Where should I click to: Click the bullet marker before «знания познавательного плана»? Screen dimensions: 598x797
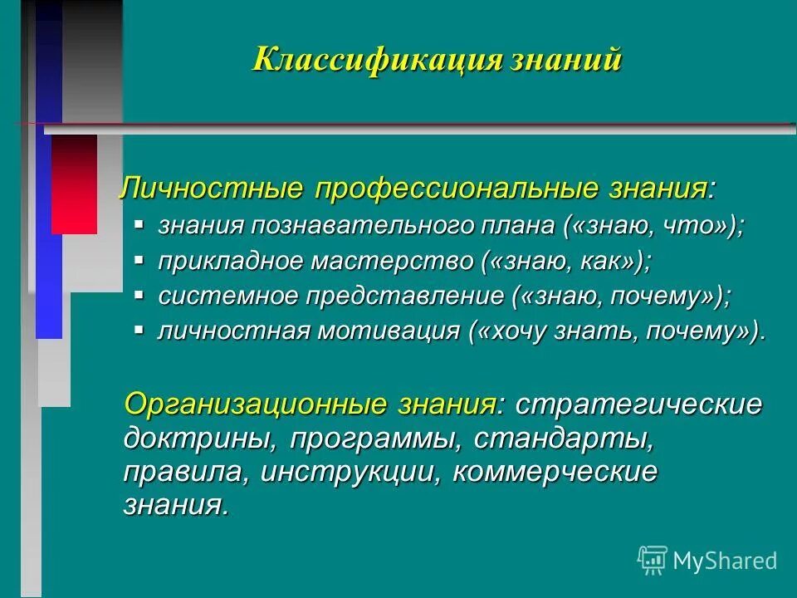(x=139, y=224)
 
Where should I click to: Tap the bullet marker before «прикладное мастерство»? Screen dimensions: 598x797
(x=139, y=260)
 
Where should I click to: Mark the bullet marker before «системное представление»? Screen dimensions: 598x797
(x=139, y=295)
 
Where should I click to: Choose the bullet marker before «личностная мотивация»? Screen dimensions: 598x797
(x=139, y=330)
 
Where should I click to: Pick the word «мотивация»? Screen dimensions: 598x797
(x=384, y=331)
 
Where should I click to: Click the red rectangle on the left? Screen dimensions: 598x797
(x=74, y=184)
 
